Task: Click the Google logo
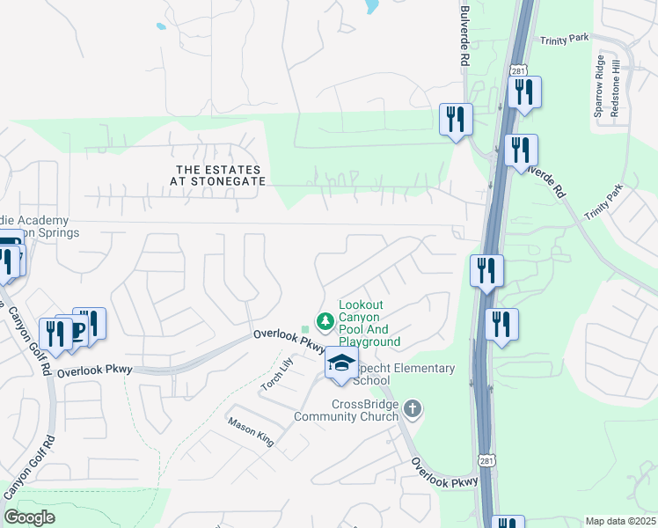[29, 517]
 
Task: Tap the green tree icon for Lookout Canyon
[325, 319]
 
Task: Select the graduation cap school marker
[341, 363]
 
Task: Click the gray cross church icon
[413, 408]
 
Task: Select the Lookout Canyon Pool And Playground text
[369, 324]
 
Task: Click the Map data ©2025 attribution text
[620, 521]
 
